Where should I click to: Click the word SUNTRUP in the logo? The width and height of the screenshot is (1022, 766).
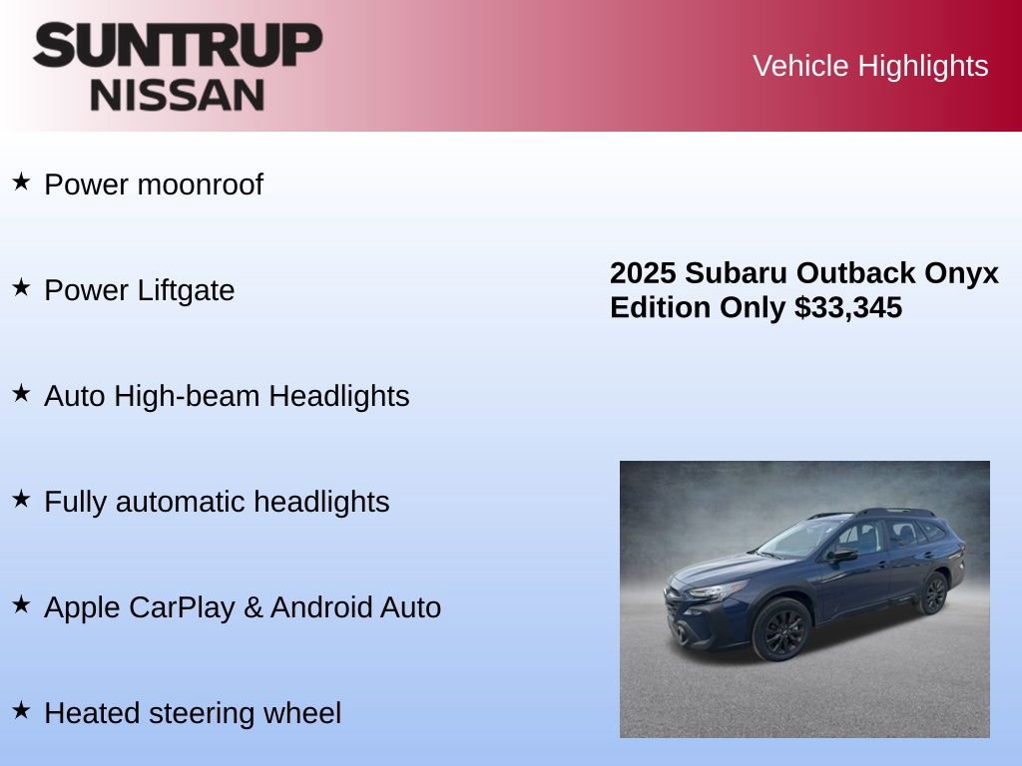click(x=178, y=45)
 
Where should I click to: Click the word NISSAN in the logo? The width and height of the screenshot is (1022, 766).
click(x=178, y=95)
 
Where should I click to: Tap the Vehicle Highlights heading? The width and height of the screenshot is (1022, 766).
click(x=870, y=66)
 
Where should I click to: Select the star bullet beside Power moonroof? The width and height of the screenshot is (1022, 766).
click(x=21, y=182)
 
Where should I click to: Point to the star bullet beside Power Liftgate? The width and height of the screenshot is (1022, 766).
click(x=21, y=287)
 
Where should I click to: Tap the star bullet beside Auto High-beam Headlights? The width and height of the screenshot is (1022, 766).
click(x=21, y=393)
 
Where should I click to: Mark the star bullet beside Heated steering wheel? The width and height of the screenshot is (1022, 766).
click(x=21, y=710)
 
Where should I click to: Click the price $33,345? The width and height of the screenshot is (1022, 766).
click(x=848, y=307)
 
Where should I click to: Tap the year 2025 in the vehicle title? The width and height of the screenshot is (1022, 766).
click(x=644, y=273)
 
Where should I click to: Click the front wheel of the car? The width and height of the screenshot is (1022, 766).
click(x=782, y=630)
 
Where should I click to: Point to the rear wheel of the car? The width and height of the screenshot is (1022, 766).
click(x=933, y=593)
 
